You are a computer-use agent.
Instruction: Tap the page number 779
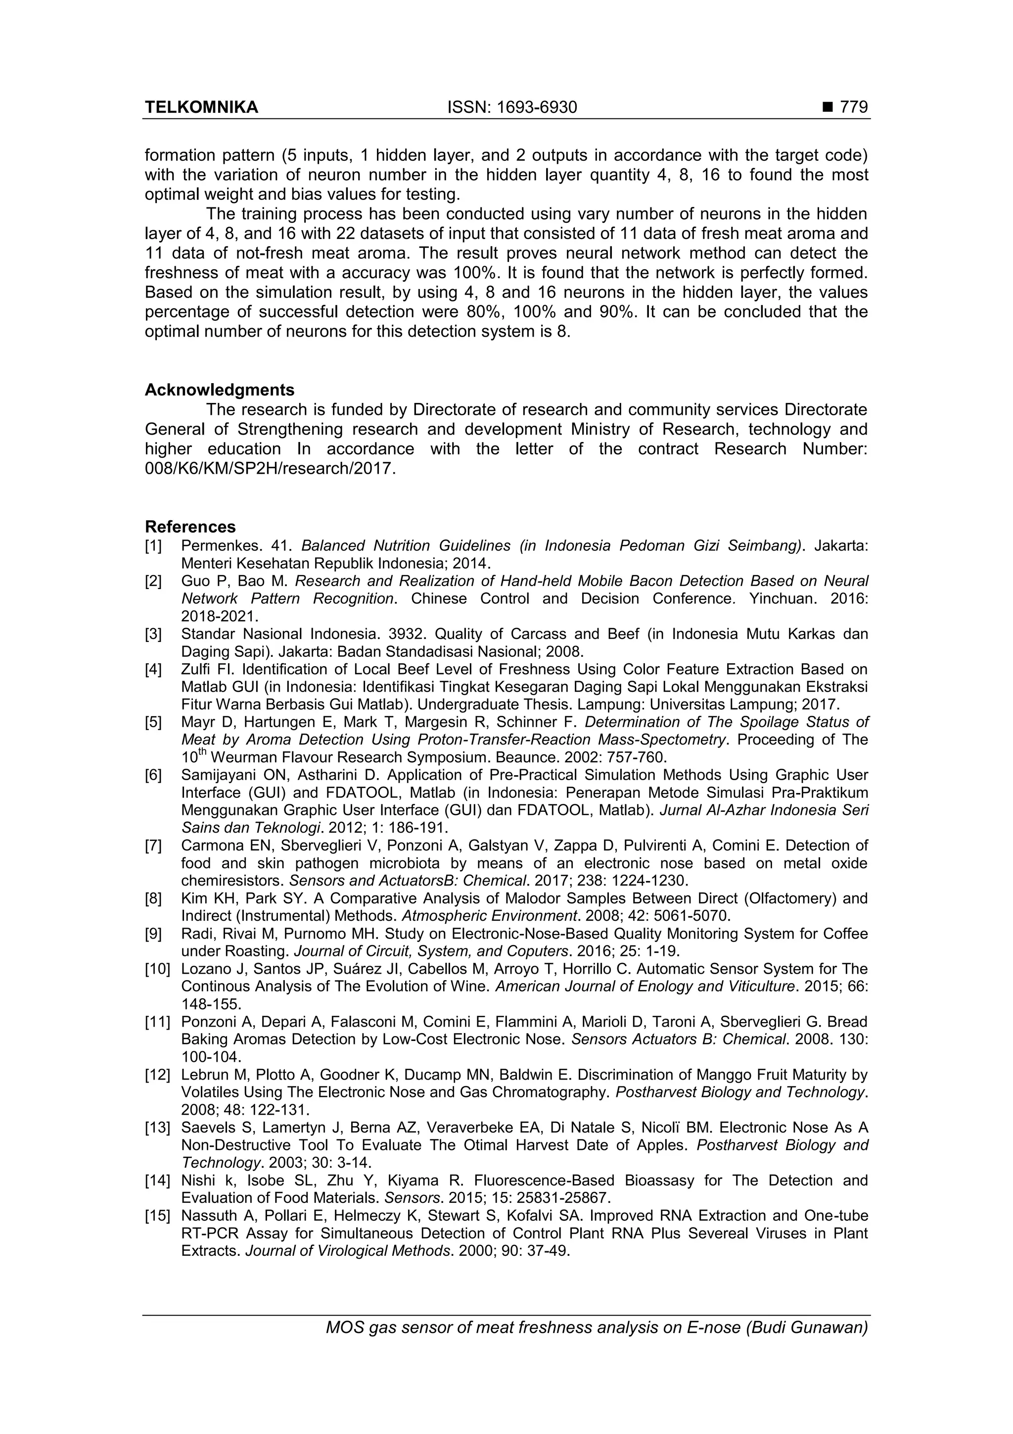(x=854, y=107)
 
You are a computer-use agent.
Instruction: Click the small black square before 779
(x=828, y=108)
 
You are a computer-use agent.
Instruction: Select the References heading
(x=190, y=527)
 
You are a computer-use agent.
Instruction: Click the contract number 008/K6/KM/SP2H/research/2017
(x=270, y=468)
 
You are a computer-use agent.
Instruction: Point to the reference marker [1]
(x=153, y=546)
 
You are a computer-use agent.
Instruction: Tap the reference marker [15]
(x=157, y=1216)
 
